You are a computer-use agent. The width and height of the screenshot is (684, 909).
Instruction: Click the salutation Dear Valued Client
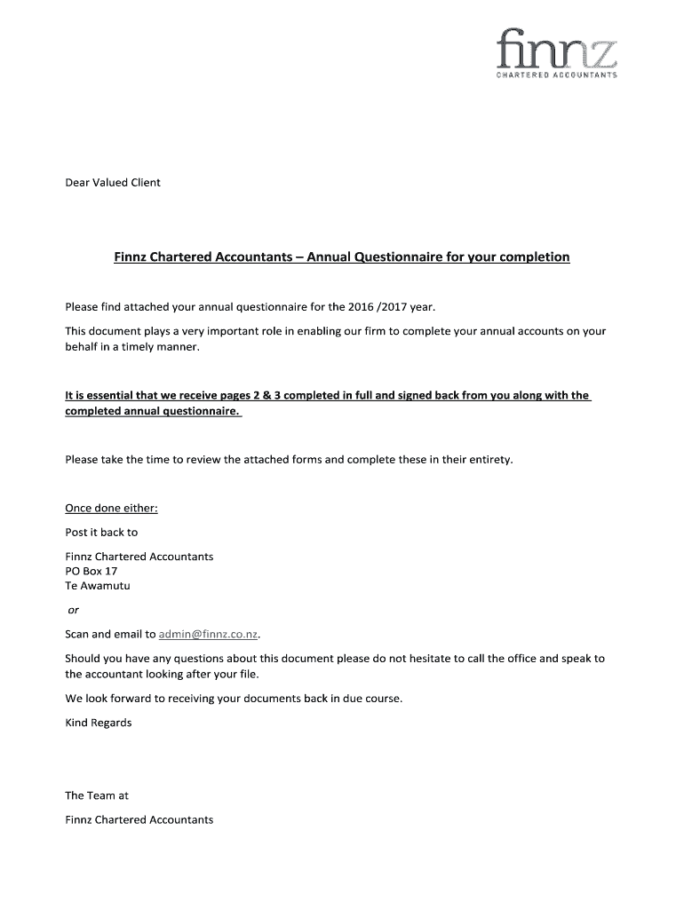(113, 183)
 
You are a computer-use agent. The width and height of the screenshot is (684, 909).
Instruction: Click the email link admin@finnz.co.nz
(209, 635)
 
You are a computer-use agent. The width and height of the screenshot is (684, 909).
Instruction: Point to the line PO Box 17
(91, 572)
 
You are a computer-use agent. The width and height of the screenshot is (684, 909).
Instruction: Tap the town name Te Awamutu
(98, 586)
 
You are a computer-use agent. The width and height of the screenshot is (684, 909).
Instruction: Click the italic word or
(74, 610)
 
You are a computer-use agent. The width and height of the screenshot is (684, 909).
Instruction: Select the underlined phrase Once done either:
(112, 509)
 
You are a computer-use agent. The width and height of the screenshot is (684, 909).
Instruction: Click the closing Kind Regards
(99, 723)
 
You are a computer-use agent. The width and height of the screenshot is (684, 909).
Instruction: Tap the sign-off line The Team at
(97, 795)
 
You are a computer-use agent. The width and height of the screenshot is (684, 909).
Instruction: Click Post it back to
(101, 533)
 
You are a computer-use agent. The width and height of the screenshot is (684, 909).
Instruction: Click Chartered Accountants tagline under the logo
(556, 75)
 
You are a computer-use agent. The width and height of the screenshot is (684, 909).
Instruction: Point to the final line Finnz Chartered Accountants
(139, 819)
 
